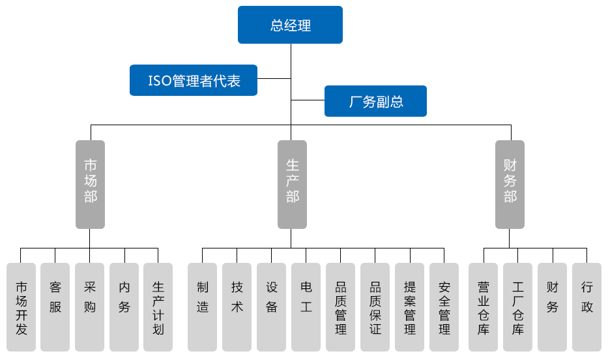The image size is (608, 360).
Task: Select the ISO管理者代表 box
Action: pos(194,80)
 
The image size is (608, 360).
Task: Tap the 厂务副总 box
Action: pos(375,101)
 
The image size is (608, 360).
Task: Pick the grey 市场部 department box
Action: pos(90,184)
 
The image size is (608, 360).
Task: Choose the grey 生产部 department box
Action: pos(292,184)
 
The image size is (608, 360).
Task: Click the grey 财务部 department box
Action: pos(510,184)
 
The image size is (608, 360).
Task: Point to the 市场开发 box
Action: pos(22,307)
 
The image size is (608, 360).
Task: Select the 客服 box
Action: pos(55,307)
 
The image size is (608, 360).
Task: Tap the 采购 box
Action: pos(90,307)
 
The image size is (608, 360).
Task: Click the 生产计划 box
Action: pos(158,307)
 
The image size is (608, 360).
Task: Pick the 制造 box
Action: pos(203,307)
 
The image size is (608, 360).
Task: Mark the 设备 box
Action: pos(272,307)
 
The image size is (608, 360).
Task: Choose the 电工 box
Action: pos(306,307)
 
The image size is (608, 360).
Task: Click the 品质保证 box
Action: pos(375,307)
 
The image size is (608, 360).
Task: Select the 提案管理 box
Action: pos(410,307)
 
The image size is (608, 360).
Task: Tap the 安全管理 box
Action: pos(444,307)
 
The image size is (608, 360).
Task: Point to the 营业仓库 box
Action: pos(484,307)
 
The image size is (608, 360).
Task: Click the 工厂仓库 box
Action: pos(518,307)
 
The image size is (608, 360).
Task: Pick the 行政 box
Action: pos(587,307)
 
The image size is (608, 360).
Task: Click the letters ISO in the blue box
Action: pos(160,81)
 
